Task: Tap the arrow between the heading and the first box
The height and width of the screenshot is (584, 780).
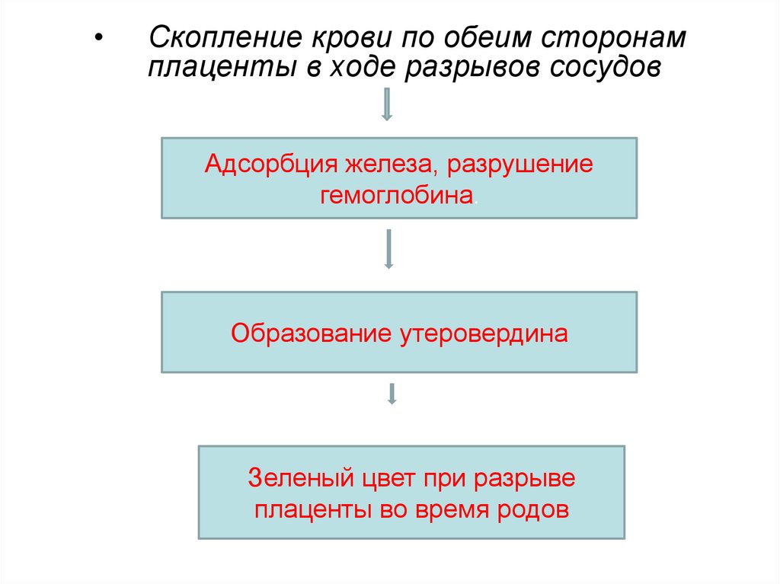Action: point(387,104)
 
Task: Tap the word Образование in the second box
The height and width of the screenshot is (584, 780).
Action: point(312,333)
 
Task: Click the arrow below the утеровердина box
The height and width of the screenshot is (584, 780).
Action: point(392,393)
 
